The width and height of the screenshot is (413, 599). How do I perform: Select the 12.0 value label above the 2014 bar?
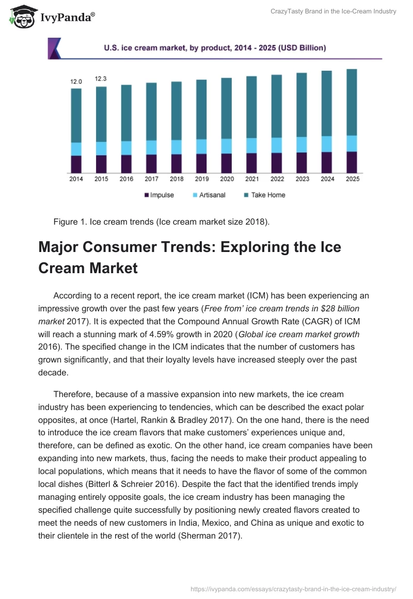pos(76,81)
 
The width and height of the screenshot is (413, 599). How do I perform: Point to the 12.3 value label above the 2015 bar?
pos(101,78)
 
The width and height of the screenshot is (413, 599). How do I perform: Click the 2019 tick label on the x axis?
pos(202,179)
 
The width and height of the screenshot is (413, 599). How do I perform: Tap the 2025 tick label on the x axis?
pos(352,179)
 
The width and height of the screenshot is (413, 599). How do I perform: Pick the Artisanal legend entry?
pos(209,195)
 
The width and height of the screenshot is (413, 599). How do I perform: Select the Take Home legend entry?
pos(264,195)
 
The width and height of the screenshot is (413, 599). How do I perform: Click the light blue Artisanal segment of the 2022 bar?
pos(277,145)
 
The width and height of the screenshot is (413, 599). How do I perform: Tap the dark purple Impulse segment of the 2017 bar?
pos(151,163)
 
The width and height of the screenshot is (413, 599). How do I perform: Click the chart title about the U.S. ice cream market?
pos(215,48)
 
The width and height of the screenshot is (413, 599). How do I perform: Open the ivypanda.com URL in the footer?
pos(293,588)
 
